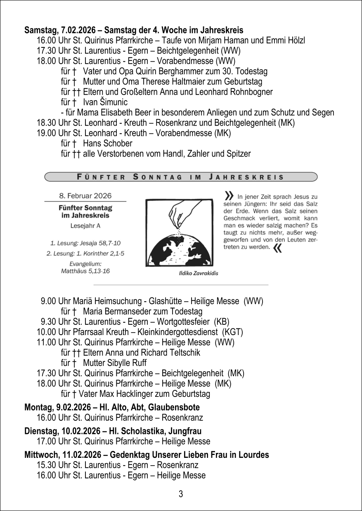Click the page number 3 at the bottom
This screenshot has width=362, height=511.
[x=181, y=494]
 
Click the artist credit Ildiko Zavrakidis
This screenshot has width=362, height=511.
[x=199, y=273]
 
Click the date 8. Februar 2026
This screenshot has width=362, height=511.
[x=85, y=196]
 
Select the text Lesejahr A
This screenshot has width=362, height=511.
[x=85, y=226]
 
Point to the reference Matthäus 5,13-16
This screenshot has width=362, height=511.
[x=85, y=271]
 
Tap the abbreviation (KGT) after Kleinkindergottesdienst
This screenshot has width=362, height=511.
[x=233, y=332]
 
